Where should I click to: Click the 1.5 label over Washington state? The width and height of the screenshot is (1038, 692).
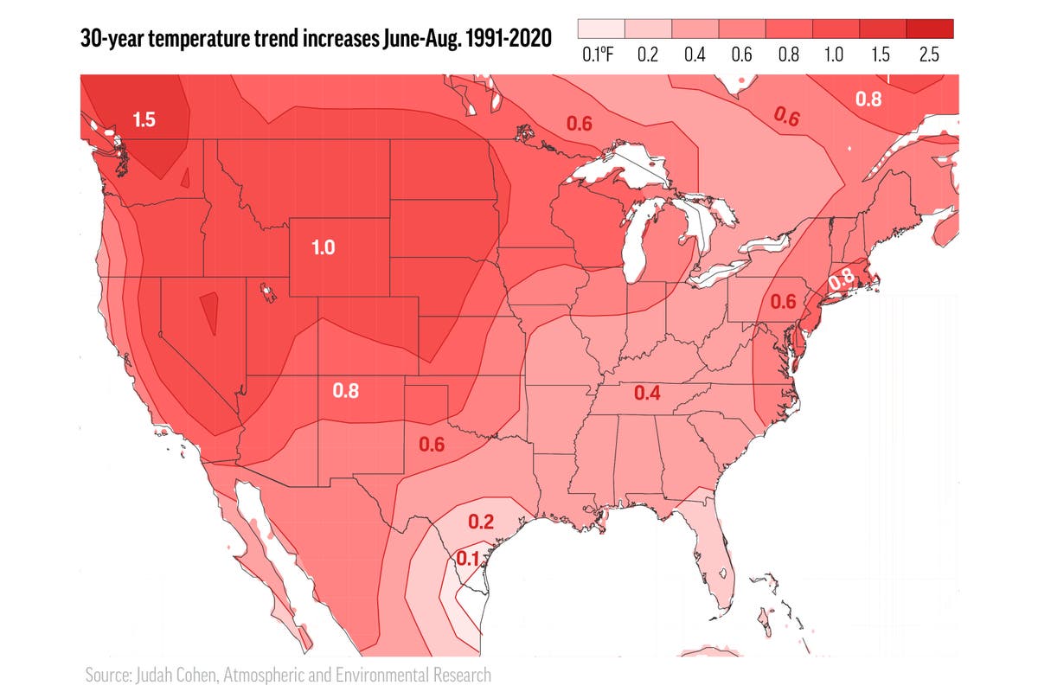coord(144,120)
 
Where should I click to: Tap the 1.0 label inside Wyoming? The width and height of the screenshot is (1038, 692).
coord(323,248)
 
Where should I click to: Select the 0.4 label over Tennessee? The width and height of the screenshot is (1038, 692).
coord(647,394)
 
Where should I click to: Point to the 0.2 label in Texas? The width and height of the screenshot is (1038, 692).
coord(481,522)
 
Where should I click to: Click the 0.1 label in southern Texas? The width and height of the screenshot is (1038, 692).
coord(467,559)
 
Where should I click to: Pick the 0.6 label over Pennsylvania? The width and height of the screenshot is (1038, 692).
coord(783,302)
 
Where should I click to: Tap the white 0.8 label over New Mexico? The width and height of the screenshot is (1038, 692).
coord(346,390)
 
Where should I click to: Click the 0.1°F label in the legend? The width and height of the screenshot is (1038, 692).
coord(599,54)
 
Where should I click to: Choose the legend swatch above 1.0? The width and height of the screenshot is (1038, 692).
coord(835,29)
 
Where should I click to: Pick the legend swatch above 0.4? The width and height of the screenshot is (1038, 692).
coord(694,29)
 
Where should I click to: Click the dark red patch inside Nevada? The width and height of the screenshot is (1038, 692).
coord(209,313)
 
